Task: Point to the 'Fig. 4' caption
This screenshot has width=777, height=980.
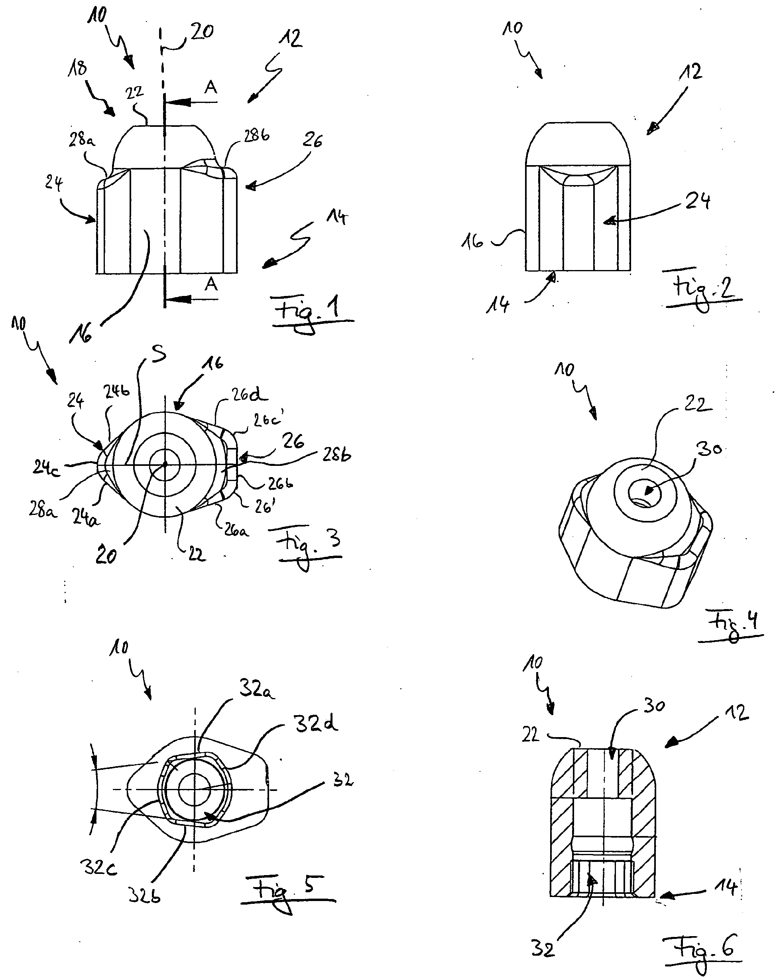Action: [x=732, y=622]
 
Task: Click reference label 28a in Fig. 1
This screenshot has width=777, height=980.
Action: [x=82, y=140]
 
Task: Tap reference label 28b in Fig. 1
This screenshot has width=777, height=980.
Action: [x=257, y=135]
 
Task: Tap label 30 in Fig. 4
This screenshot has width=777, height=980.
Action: [x=709, y=449]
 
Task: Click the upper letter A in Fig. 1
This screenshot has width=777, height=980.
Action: [x=210, y=87]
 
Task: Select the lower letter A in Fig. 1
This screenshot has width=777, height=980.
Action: [x=210, y=284]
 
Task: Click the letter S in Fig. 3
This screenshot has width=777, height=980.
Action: [x=159, y=354]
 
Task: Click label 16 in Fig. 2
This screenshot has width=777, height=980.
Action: [x=472, y=242]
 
